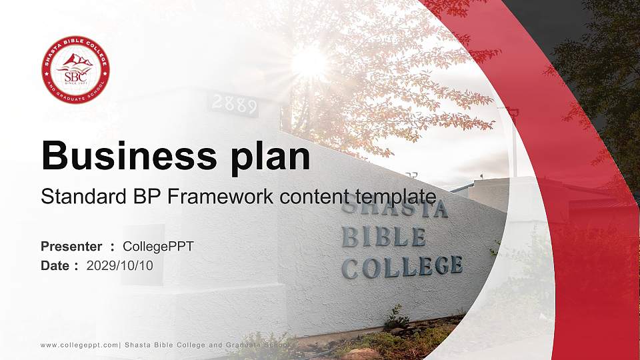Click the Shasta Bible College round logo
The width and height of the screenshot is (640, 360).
tap(75, 70)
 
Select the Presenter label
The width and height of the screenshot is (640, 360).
tap(71, 247)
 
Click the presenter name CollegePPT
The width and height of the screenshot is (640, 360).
tap(158, 247)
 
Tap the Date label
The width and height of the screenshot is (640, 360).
tap(55, 265)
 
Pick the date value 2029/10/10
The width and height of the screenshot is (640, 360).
tap(124, 265)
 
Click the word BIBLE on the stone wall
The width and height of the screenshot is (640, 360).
tap(384, 237)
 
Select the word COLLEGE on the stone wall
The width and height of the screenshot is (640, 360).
tap(402, 267)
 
